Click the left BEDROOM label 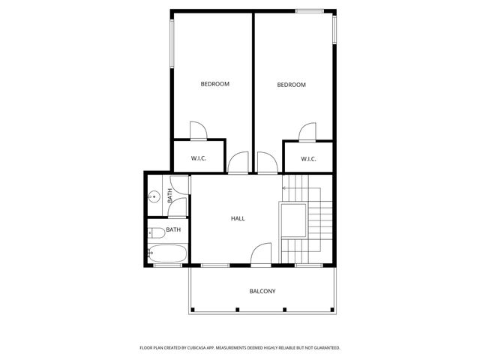[x=214, y=84]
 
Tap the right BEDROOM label [x=292, y=85]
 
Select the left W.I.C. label [x=199, y=158]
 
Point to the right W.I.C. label [x=308, y=158]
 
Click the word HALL [x=238, y=218]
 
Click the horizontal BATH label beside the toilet [x=173, y=229]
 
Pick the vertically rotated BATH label [x=170, y=196]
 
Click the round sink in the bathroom [x=154, y=196]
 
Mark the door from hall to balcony [x=261, y=256]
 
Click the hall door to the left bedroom [x=238, y=163]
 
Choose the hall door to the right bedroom [x=267, y=163]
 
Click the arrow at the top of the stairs [x=285, y=187]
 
